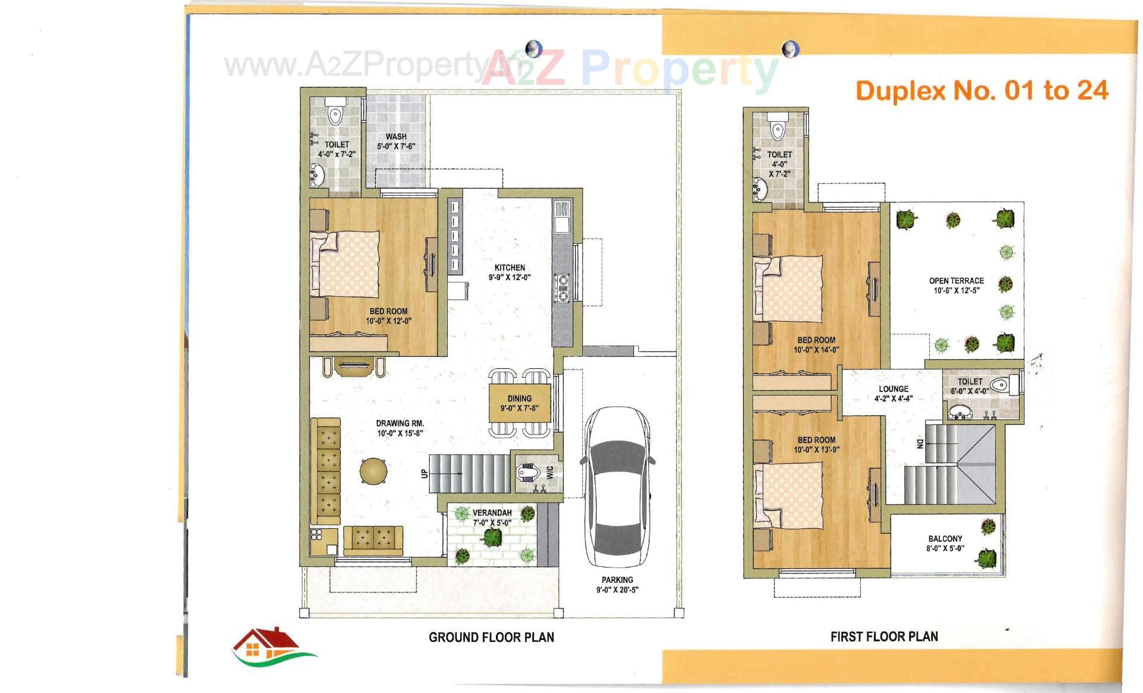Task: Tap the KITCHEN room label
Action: (510, 268)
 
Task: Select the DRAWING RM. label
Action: (399, 424)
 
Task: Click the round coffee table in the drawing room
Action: (373, 471)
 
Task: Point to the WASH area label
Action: (396, 137)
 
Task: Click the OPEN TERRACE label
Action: (956, 281)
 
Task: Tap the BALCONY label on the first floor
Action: (945, 538)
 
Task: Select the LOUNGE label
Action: (893, 389)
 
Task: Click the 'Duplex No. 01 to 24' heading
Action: (982, 90)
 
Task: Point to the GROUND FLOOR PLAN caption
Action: (491, 637)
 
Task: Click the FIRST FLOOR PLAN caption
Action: (884, 636)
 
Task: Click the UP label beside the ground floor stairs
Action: (424, 474)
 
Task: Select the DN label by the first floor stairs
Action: (920, 444)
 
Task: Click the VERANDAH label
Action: (492, 513)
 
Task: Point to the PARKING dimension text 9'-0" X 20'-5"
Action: (617, 590)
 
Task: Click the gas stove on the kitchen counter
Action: (561, 287)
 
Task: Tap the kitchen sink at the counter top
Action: (561, 217)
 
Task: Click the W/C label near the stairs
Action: (549, 472)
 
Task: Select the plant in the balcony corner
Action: (986, 558)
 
